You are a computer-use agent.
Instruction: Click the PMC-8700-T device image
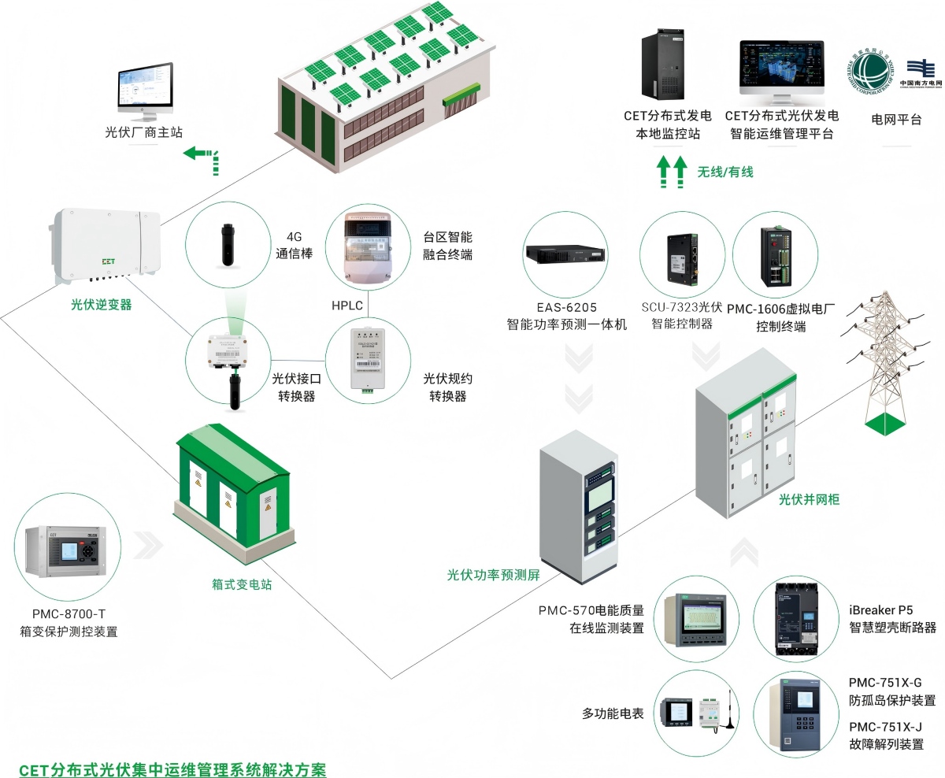click(62, 552)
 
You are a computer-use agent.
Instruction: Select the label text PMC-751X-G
click(884, 682)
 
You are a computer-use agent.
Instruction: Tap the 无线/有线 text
click(725, 171)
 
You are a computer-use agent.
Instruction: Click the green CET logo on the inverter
click(108, 260)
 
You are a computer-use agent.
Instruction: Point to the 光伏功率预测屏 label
click(494, 575)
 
